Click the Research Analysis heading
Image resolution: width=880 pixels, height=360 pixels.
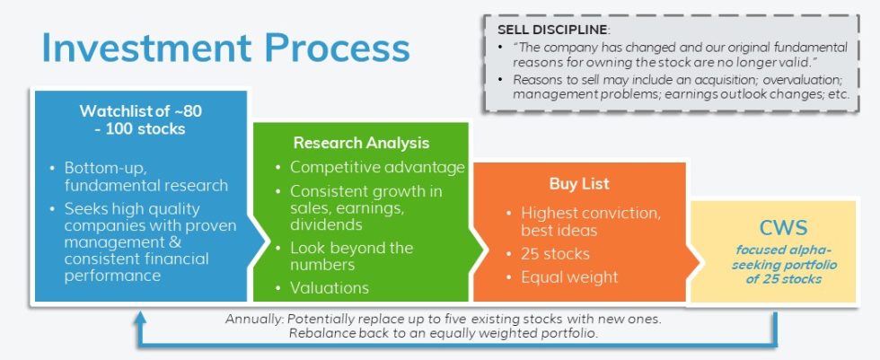(361, 143)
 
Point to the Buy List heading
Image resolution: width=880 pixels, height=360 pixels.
(579, 184)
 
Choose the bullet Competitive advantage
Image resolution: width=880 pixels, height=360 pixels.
(377, 167)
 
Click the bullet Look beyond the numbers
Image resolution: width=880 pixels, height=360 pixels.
(351, 256)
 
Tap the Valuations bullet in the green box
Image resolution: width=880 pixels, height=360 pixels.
(330, 288)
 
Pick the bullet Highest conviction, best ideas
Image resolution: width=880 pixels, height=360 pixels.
(588, 221)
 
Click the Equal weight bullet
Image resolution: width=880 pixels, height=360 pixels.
(569, 277)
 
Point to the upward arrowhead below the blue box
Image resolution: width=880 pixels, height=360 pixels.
(140, 319)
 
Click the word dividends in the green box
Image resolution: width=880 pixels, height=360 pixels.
(326, 224)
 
